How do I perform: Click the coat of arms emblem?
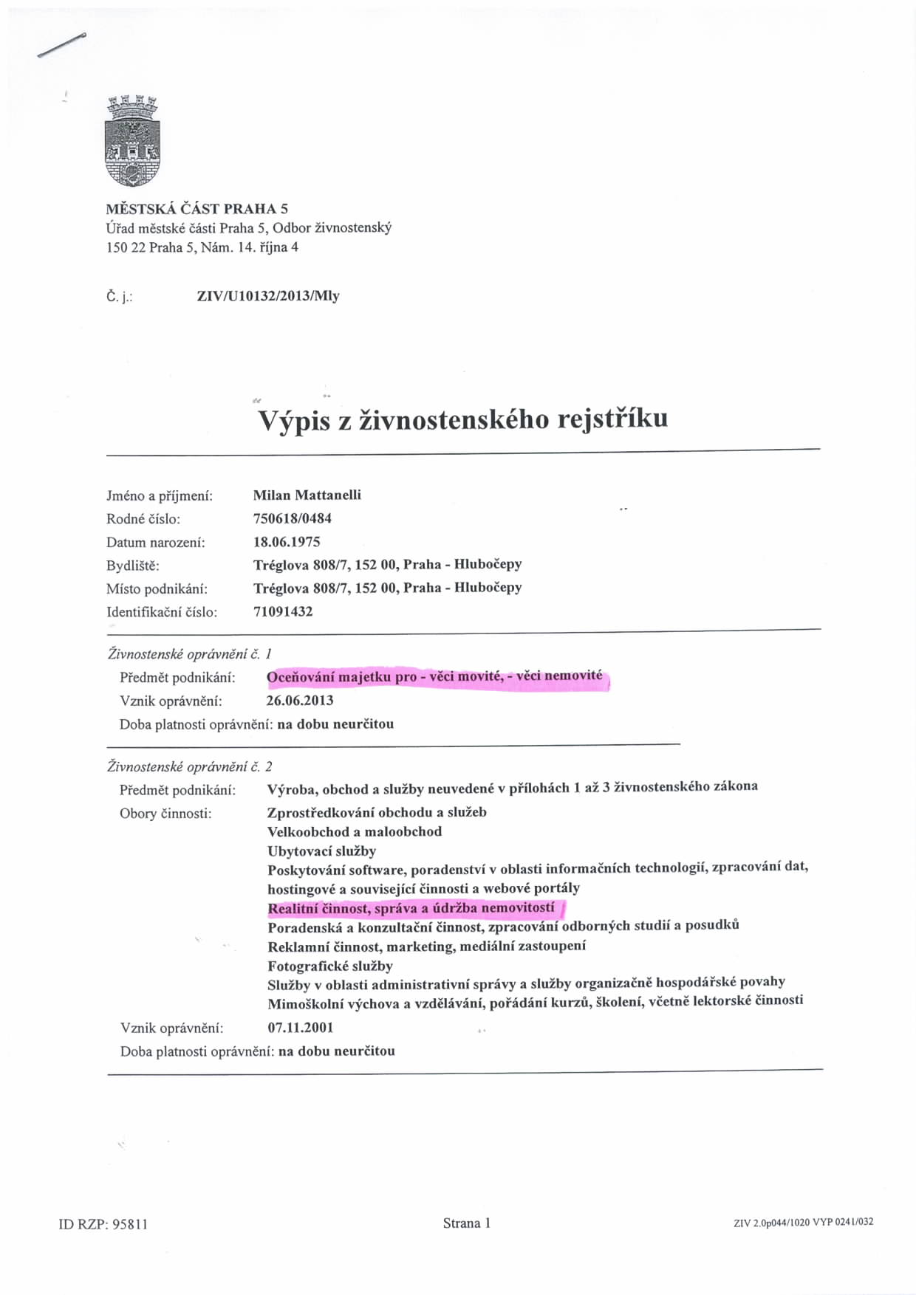[133, 141]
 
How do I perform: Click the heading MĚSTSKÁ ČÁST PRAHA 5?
[196, 208]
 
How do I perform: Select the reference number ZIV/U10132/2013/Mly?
[268, 296]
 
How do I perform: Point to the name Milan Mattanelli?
[307, 495]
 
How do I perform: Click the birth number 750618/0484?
[292, 518]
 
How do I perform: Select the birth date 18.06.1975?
[287, 542]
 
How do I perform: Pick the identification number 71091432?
[283, 611]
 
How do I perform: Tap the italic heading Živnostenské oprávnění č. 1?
[190, 653]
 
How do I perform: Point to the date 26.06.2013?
[299, 700]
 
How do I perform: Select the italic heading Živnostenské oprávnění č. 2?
[190, 766]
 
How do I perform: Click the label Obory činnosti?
[165, 814]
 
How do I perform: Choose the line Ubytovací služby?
[321, 851]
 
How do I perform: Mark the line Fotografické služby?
[330, 966]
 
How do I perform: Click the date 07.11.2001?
[300, 1027]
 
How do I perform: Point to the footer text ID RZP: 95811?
[103, 1224]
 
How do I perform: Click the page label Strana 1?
[467, 1223]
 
